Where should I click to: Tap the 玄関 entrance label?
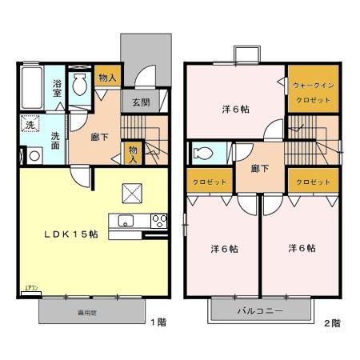[141, 102]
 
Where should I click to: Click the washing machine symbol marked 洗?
[29, 126]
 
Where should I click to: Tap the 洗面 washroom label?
[55, 141]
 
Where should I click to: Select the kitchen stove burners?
[158, 222]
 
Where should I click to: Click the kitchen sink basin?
[126, 222]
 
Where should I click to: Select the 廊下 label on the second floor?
[258, 169]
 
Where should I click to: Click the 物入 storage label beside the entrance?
[106, 78]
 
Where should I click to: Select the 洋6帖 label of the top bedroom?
[234, 110]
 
